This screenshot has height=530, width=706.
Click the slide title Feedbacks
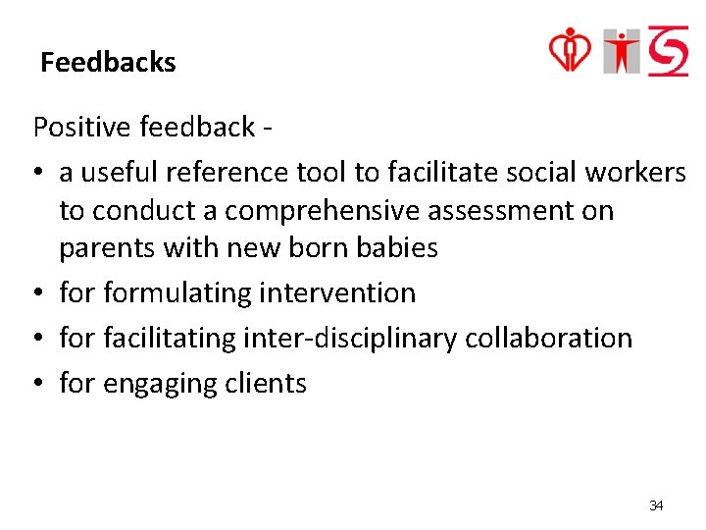108,63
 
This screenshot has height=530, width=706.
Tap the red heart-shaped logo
570,50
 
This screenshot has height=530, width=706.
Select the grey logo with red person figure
622,51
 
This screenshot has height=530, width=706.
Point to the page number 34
656,505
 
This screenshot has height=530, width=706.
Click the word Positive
83,127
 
